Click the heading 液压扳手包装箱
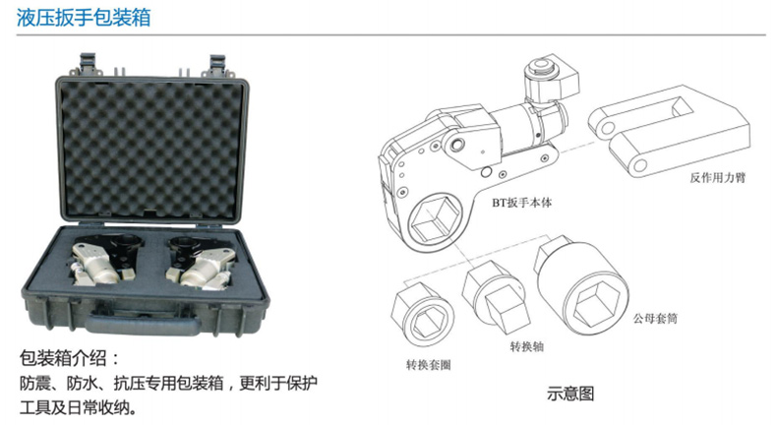(x=84, y=18)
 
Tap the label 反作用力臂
(x=718, y=177)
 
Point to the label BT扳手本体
(x=522, y=203)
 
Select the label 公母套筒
(x=655, y=319)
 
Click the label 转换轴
(x=527, y=346)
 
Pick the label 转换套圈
(x=429, y=365)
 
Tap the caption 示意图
(x=570, y=394)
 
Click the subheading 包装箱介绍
(x=70, y=358)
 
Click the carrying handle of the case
(x=143, y=324)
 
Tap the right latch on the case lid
(x=217, y=65)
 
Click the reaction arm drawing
(x=669, y=130)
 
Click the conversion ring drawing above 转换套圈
(x=422, y=315)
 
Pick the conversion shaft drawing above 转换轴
(x=497, y=298)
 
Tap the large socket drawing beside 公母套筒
(x=581, y=285)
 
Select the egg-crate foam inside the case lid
(x=151, y=150)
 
